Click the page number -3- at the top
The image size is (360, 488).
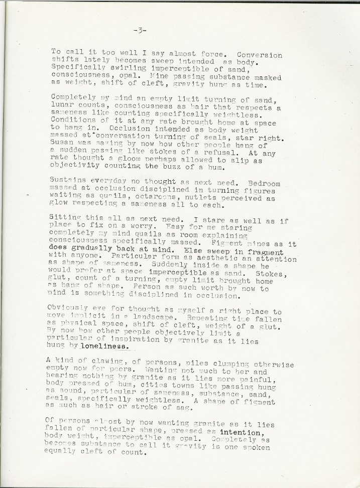(x=140, y=31)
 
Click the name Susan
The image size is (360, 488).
(x=63, y=146)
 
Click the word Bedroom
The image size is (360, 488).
(x=262, y=184)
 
